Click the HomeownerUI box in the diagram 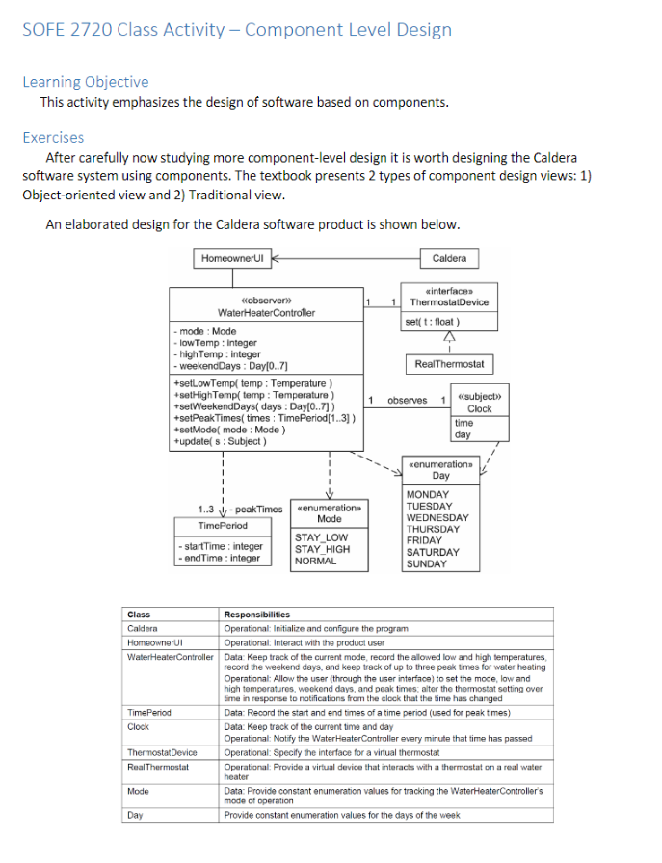229,258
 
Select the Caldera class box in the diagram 449,258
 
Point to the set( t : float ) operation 433,322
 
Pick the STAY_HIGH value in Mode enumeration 322,549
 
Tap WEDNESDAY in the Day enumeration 437,517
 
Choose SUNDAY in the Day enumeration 426,563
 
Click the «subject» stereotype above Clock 479,396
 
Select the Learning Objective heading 86,82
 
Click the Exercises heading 53,137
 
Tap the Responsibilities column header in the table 256,615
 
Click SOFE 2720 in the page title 66,29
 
